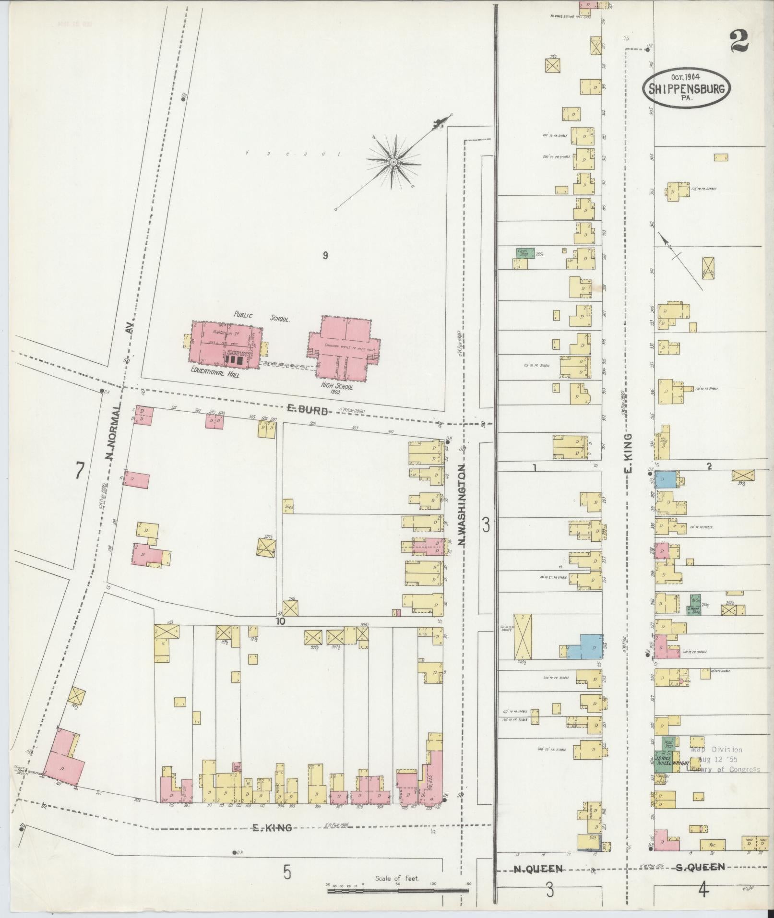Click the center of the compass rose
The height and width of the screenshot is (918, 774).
click(393, 162)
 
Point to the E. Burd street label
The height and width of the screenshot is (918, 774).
click(307, 410)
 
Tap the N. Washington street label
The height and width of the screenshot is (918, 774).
click(462, 504)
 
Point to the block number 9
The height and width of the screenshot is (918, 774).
click(325, 256)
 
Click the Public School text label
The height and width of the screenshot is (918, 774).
click(262, 317)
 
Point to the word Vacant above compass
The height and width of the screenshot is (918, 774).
click(293, 154)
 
